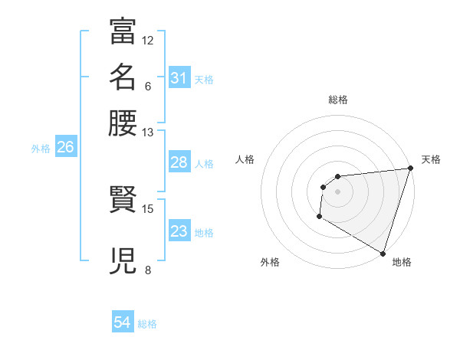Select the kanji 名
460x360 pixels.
click(123, 77)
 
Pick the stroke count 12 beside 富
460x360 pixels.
click(148, 40)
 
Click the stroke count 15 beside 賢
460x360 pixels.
click(148, 208)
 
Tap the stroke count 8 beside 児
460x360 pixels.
click(148, 270)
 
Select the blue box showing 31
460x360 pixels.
click(179, 78)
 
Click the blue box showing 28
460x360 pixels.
click(179, 162)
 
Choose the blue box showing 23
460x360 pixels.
click(179, 231)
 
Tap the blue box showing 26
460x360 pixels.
click(65, 148)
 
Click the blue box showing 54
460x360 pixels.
click(122, 323)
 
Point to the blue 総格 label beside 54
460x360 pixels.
click(147, 324)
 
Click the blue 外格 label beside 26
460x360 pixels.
click(41, 149)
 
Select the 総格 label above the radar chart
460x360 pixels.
click(337, 100)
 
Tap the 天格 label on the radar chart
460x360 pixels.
click(431, 159)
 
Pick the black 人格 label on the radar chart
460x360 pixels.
click(245, 159)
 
